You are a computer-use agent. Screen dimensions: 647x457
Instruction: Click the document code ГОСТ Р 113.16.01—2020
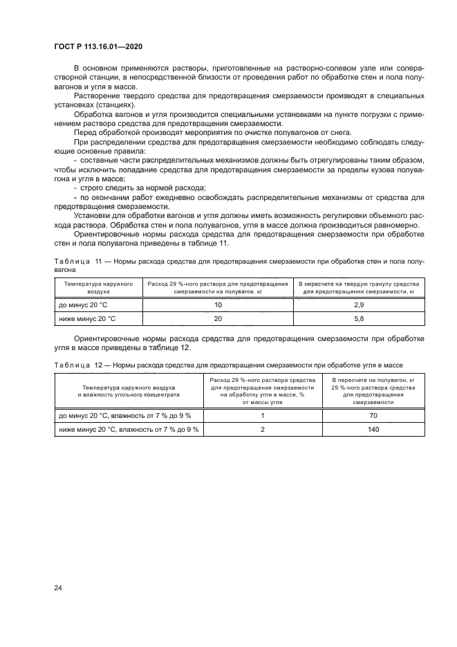(98, 46)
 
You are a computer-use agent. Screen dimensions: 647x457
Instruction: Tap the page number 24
(58, 588)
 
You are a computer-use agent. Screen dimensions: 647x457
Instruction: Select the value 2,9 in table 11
(358, 304)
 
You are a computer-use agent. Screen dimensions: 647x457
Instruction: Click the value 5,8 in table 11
(358, 318)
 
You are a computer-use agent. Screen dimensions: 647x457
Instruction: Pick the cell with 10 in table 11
(218, 304)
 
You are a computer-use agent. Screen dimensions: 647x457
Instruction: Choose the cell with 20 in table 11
(218, 318)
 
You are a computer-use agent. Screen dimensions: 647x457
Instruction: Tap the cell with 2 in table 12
(263, 429)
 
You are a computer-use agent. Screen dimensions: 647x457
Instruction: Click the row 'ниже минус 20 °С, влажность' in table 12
(129, 429)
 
